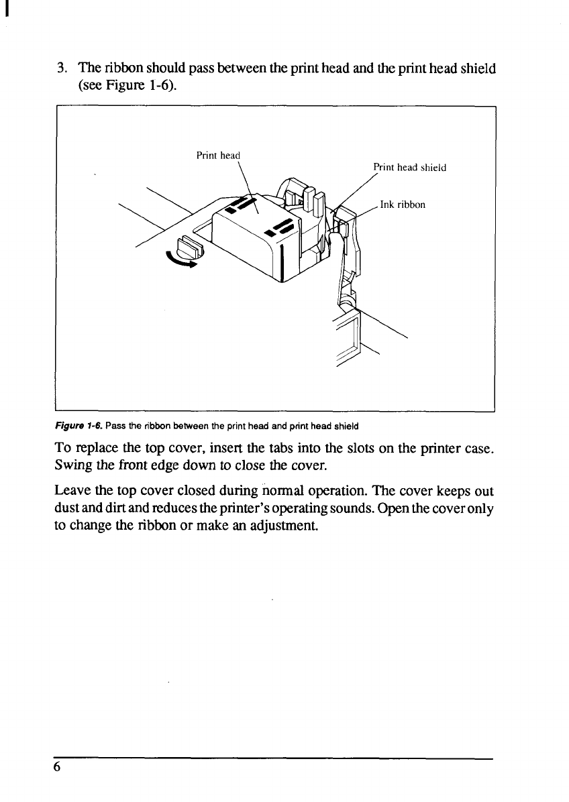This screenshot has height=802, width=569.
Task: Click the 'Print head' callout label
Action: click(x=217, y=156)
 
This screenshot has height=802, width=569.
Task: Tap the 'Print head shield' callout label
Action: click(x=409, y=168)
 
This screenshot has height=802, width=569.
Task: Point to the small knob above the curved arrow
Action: click(x=189, y=246)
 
